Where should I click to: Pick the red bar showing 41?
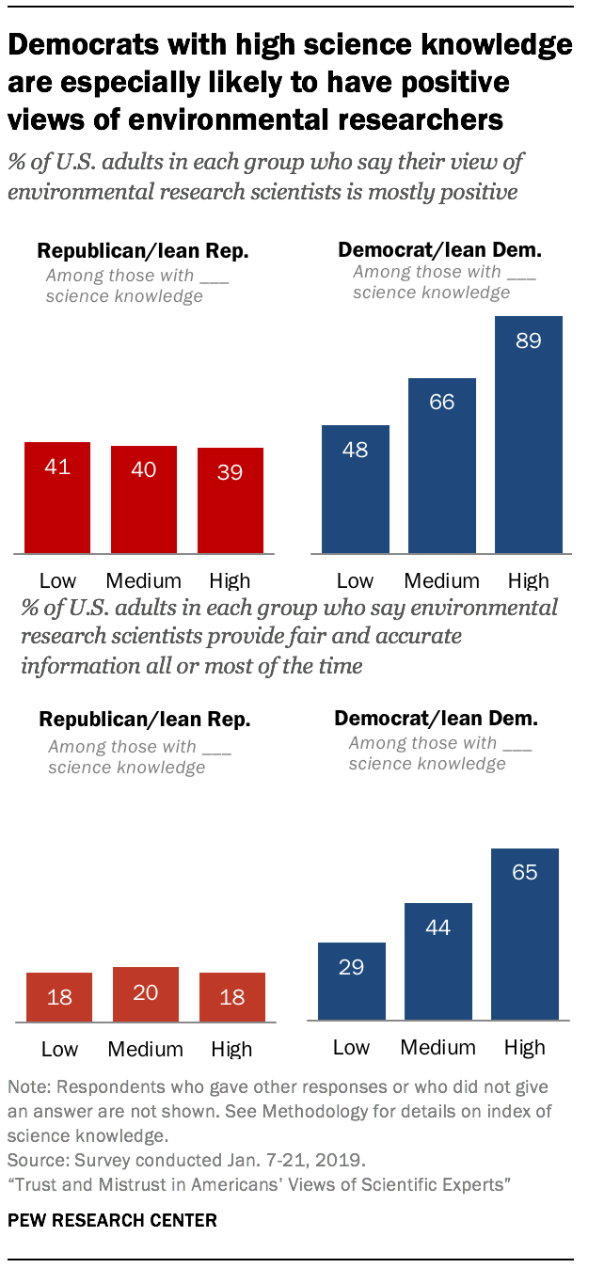tap(57, 498)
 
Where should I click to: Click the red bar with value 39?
tap(230, 500)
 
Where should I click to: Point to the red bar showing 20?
tap(146, 994)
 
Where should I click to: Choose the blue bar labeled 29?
tap(351, 981)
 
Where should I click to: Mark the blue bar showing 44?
tap(437, 961)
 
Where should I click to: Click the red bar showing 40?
tap(143, 499)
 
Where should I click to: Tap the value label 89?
tap(528, 341)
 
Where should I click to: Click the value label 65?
tap(524, 872)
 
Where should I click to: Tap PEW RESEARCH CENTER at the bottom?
tap(112, 1221)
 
